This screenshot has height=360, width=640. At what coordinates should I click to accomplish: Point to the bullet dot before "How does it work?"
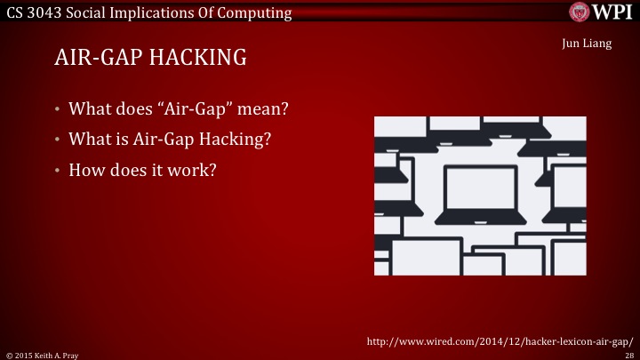click(57, 169)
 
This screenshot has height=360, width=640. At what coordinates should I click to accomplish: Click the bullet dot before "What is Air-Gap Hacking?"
click(57, 140)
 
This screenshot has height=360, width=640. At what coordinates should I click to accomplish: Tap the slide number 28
click(628, 354)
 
